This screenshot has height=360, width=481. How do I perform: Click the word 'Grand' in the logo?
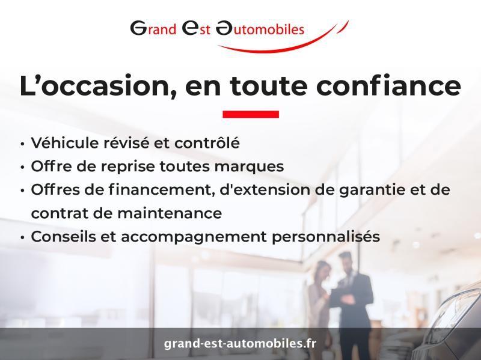tap(153, 28)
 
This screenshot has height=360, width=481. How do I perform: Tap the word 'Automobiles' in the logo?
tap(260, 28)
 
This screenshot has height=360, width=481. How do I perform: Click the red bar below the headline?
tap(251, 114)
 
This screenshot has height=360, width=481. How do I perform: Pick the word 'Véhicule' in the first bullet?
tap(64, 143)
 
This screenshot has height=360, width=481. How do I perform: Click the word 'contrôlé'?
tap(207, 143)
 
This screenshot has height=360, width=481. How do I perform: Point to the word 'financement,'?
tap(162, 190)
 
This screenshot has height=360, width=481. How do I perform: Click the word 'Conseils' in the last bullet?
tap(64, 236)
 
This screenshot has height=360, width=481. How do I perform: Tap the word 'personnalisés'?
tap(326, 237)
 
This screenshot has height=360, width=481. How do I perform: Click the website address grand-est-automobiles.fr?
tap(240, 343)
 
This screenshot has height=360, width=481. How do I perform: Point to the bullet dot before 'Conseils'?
tap(23, 237)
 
